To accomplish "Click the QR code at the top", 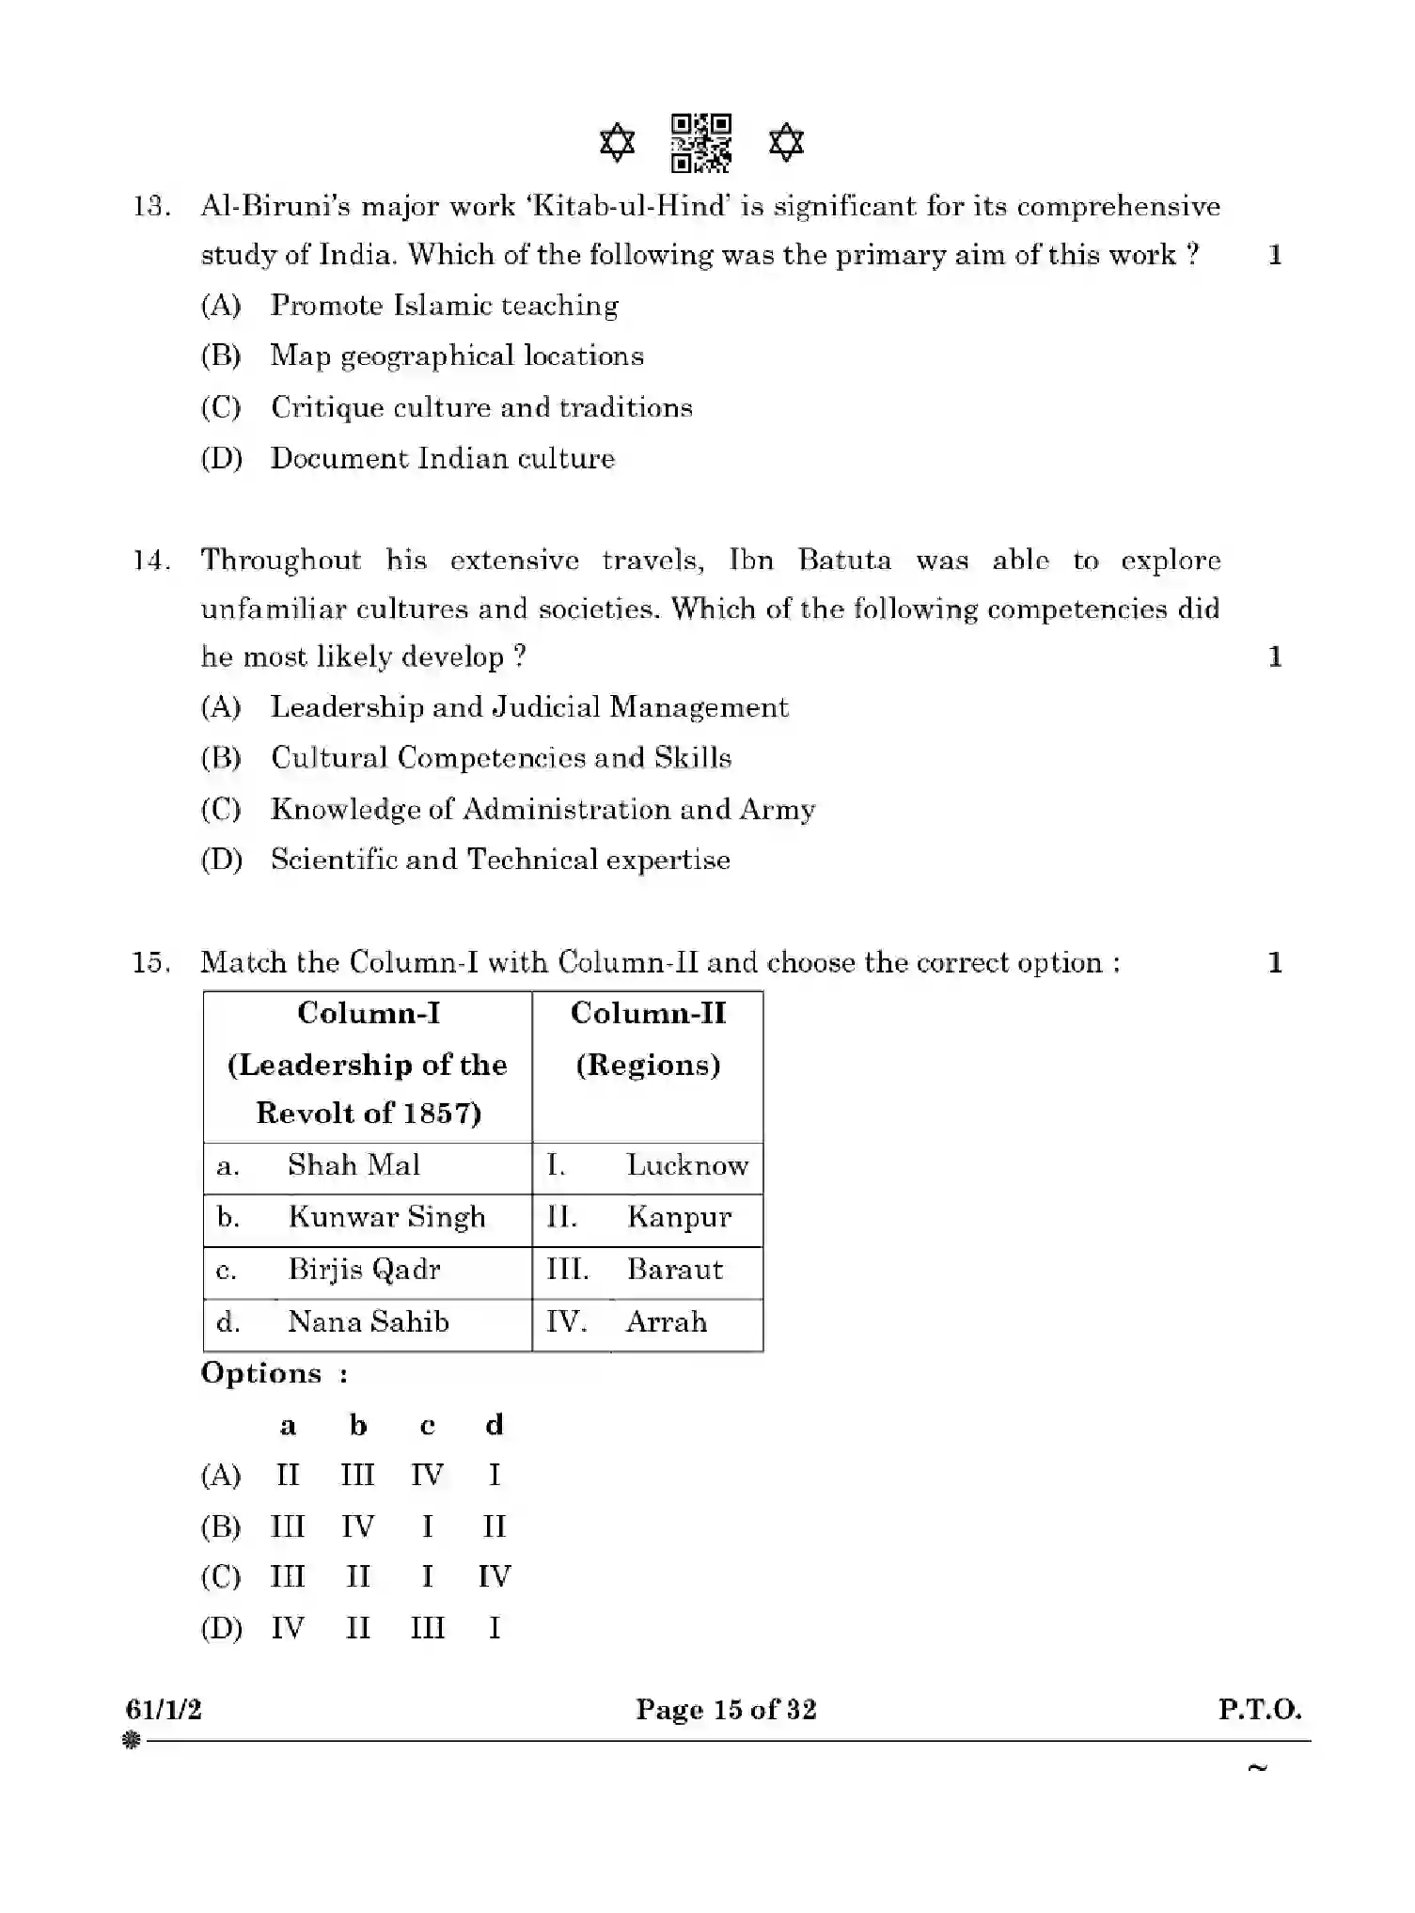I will pos(701,143).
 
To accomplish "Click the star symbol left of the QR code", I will pos(617,143).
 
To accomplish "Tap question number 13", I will pos(150,207).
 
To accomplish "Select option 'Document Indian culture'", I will pos(442,458).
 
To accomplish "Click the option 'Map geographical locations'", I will pos(457,356).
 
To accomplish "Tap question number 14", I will pos(150,561).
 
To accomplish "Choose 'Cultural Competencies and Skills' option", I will pos(501,757).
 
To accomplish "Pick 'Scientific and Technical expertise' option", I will pos(500,859).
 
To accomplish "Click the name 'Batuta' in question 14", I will pos(843,561).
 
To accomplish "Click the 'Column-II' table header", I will pos(648,1013).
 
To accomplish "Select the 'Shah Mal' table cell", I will pos(354,1165).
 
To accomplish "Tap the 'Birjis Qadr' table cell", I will pos(364,1270).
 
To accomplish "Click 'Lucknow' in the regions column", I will pos(687,1165).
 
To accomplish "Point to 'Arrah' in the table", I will pos(666,1322).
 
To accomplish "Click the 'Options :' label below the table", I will pos(275,1373).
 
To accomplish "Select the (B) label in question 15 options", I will pos(221,1526).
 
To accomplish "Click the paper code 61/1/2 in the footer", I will pos(164,1709).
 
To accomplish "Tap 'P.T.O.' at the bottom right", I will pos(1260,1709).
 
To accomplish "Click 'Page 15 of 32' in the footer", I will pos(726,1709).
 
